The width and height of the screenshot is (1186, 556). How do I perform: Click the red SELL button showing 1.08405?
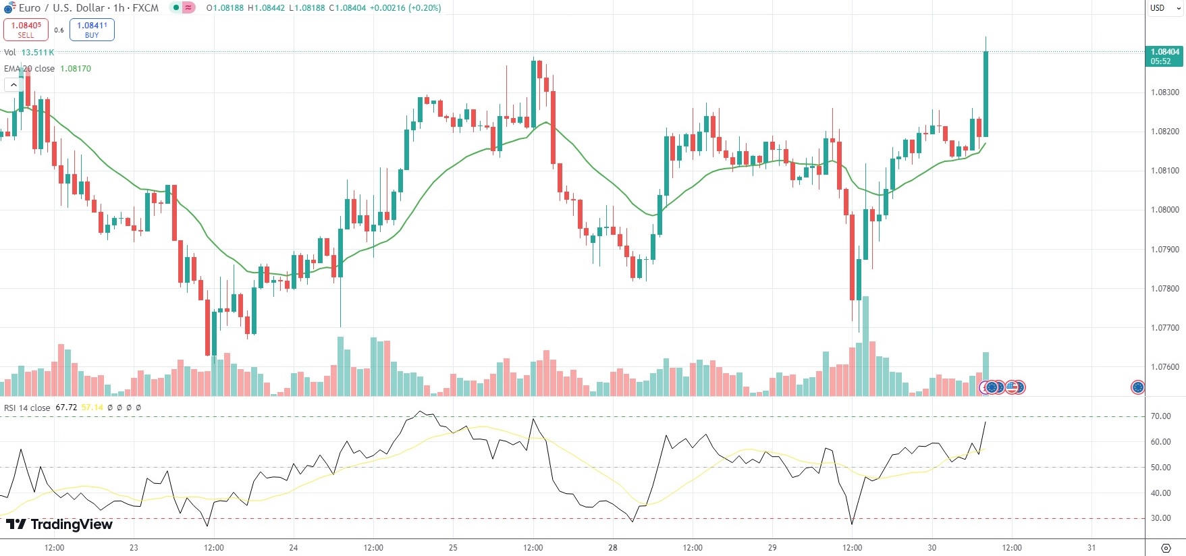[x=26, y=30]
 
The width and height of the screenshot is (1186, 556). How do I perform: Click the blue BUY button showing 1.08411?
[x=92, y=30]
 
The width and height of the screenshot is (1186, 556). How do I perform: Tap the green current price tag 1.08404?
[x=1164, y=56]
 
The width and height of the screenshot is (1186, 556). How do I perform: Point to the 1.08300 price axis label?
[x=1165, y=92]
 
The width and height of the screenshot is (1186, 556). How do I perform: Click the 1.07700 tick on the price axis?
[x=1165, y=328]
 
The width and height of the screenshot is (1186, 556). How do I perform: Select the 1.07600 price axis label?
[x=1165, y=367]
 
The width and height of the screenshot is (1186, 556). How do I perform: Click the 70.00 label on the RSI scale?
[x=1161, y=416]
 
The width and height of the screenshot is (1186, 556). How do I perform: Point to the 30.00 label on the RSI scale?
[x=1161, y=518]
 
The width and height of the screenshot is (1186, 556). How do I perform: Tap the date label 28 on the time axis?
[x=612, y=547]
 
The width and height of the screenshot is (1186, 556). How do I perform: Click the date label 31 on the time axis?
[x=1091, y=547]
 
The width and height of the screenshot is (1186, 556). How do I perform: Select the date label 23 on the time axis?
[x=134, y=547]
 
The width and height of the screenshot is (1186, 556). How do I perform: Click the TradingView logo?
[x=59, y=524]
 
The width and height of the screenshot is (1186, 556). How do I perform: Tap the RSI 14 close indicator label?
[x=27, y=408]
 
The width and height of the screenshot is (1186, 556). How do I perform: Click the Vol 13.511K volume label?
[x=29, y=53]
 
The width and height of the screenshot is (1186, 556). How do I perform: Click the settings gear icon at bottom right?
[x=1165, y=548]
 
